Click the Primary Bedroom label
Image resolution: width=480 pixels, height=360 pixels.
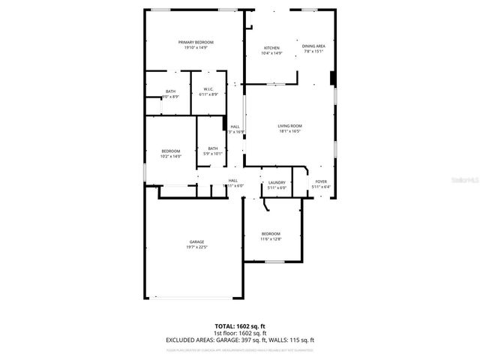coord(196,42)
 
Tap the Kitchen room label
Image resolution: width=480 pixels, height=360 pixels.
coord(271,47)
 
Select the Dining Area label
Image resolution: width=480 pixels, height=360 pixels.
coord(313,46)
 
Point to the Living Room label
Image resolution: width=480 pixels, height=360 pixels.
coord(289,126)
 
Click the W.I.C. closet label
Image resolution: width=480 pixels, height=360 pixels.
coord(208,89)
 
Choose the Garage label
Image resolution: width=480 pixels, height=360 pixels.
coord(196,241)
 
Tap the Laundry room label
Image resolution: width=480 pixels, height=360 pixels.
coord(277,182)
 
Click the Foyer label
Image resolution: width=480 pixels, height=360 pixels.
coord(321,181)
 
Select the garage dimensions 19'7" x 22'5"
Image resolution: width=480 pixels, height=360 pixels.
coord(196,247)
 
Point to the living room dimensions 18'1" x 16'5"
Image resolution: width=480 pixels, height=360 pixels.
coord(289,131)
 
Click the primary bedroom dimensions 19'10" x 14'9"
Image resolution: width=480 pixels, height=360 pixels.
coord(196,47)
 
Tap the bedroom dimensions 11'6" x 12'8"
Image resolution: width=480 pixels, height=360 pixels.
coord(271,239)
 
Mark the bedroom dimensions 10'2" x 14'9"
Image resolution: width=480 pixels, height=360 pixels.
coord(171,156)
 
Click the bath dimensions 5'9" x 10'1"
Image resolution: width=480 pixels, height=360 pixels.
coord(213,153)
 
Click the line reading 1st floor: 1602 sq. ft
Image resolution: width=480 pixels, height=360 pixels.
coord(240,334)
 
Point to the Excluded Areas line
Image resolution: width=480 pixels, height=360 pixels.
coord(240,340)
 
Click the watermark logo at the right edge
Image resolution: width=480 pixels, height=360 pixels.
coord(467,180)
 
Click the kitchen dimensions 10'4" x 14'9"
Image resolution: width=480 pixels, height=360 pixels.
coord(271,52)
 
